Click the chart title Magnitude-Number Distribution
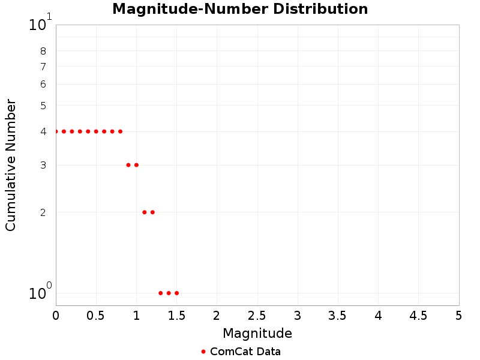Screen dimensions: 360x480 click(240, 9)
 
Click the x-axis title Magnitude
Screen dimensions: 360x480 click(257, 333)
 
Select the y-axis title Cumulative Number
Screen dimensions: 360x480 click(11, 165)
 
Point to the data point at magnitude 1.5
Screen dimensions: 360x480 click(176, 293)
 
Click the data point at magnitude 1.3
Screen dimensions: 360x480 click(160, 293)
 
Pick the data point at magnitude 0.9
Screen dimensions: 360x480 click(128, 165)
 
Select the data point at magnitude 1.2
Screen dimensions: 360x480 click(152, 212)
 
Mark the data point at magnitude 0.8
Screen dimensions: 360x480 click(120, 131)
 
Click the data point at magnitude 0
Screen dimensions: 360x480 click(56, 131)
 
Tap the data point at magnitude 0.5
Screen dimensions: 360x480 click(96, 131)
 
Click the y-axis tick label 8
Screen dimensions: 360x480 click(43, 51)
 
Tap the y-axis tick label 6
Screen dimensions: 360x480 click(43, 85)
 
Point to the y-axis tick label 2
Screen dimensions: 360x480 click(43, 212)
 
